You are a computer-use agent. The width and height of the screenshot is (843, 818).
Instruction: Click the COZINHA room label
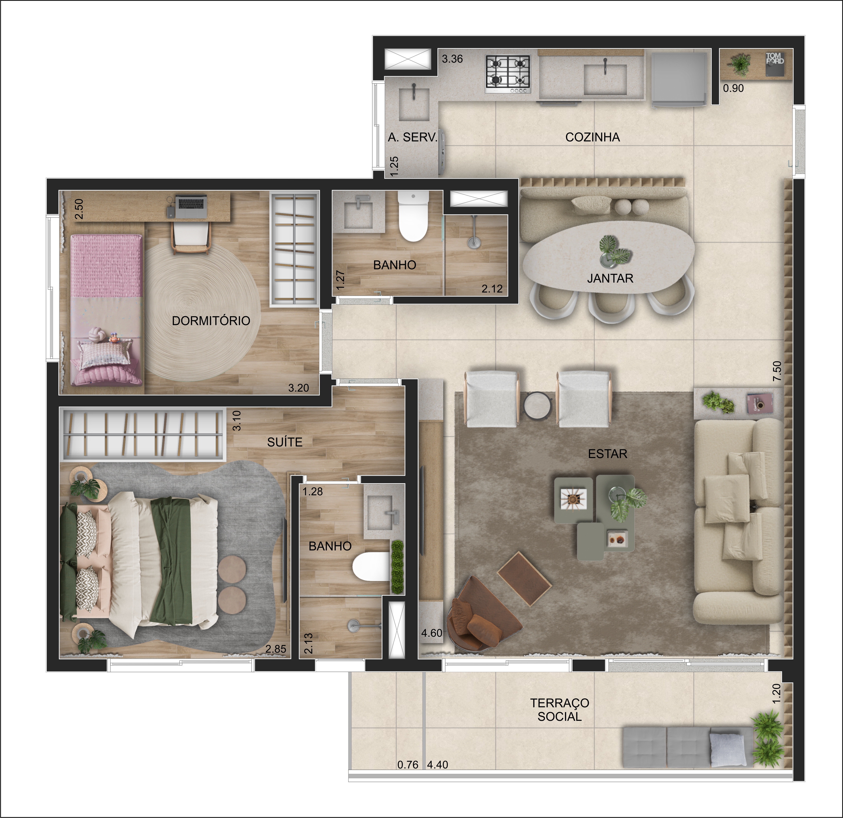coord(592,138)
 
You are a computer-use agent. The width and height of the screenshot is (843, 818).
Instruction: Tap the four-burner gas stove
coord(508,74)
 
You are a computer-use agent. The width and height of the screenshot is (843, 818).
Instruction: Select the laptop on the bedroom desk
coord(192,206)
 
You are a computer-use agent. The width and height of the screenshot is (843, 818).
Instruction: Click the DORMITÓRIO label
coord(211,321)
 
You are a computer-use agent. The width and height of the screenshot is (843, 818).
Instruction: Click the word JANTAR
coord(610,278)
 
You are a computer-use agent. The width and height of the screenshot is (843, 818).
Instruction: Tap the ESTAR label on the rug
coord(607,454)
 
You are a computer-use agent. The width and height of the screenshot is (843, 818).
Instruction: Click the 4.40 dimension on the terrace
coord(437,765)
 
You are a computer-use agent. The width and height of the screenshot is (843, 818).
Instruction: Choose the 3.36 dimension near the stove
coord(452,59)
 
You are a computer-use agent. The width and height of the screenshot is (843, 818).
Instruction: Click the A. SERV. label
coord(413,138)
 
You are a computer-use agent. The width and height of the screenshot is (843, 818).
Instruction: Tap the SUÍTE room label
coord(285,442)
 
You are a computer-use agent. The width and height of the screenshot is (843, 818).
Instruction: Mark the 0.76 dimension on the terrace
coord(408,765)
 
